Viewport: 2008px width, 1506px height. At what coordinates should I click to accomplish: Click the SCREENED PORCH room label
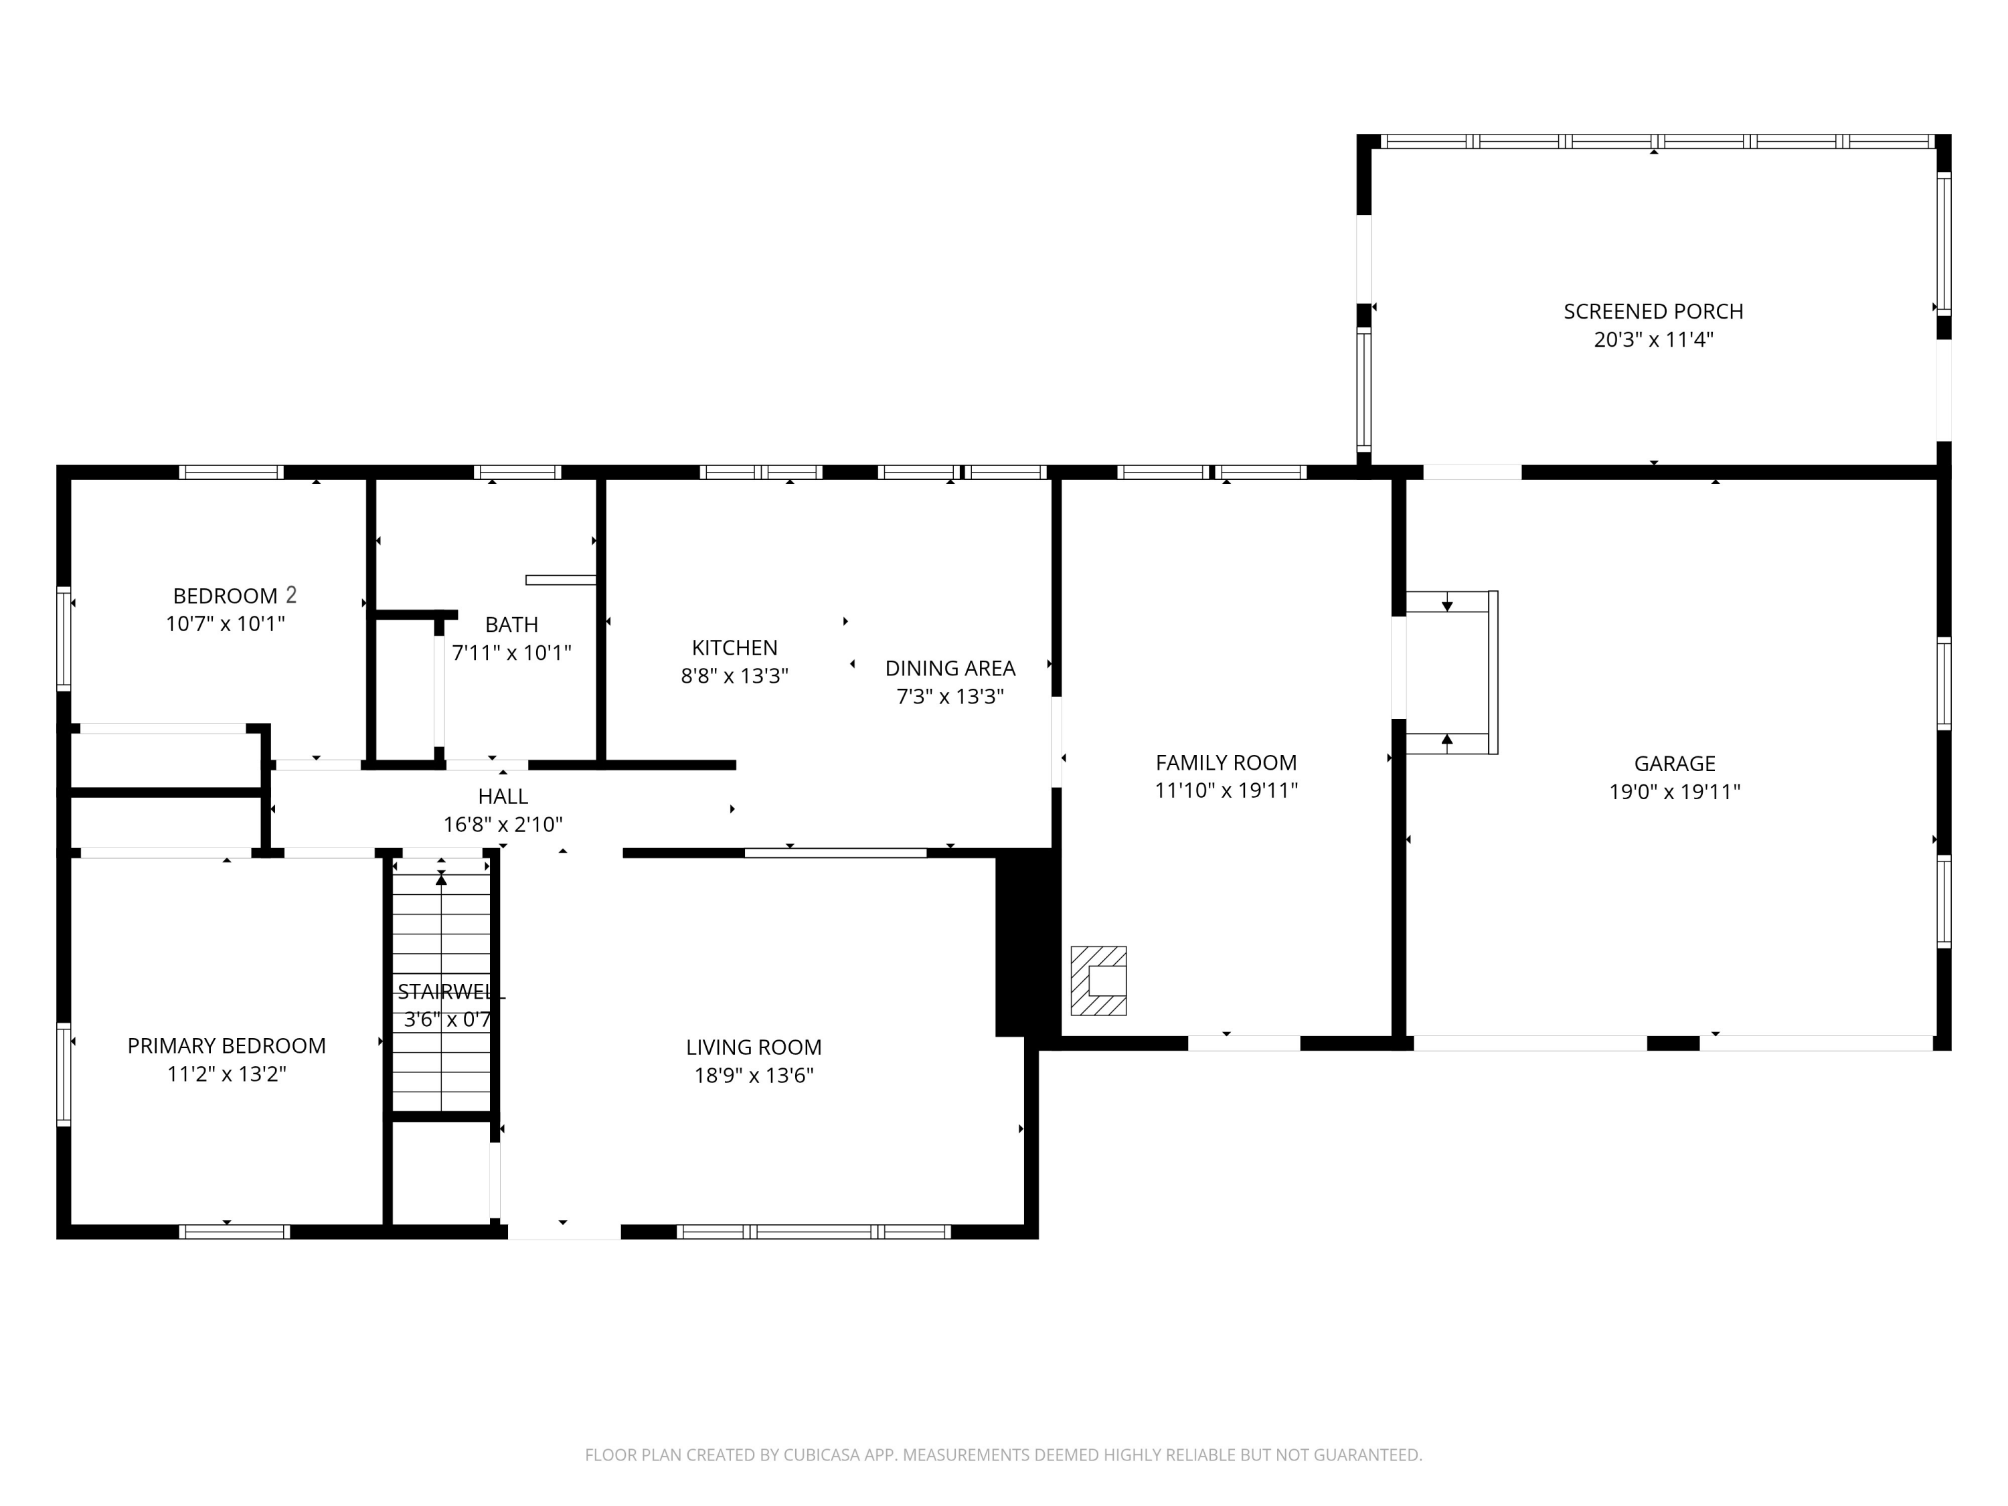(1653, 311)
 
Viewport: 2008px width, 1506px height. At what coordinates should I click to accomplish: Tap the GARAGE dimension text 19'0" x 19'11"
(1675, 792)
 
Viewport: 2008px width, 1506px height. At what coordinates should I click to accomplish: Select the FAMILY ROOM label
(1226, 762)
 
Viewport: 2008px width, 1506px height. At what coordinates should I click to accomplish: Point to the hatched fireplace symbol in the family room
(1098, 981)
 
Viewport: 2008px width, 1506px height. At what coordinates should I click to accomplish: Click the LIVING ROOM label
(754, 1047)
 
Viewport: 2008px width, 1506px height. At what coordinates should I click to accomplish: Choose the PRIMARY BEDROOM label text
(226, 1045)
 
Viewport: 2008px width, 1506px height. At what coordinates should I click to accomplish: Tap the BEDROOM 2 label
(234, 596)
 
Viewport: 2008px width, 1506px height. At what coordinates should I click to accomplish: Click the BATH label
(511, 624)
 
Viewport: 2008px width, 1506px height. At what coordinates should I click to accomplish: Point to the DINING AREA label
(950, 668)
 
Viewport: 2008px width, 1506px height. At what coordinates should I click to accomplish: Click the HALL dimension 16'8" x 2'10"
(503, 824)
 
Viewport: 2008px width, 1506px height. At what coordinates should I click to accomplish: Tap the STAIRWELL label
(450, 992)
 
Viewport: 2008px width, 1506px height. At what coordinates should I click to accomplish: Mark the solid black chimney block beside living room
(1027, 943)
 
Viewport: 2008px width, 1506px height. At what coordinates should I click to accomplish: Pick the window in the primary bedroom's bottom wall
(234, 1232)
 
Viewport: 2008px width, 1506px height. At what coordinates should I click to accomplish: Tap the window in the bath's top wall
(517, 472)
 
